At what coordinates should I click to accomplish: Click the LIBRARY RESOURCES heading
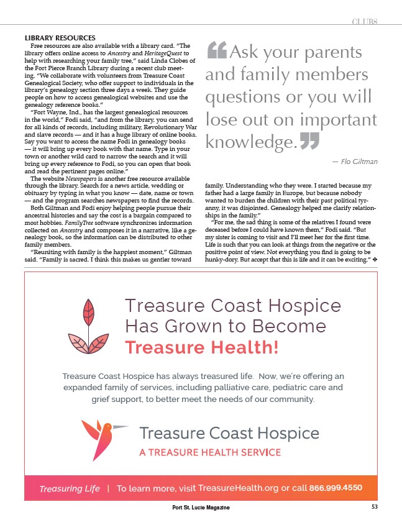[x=60, y=39]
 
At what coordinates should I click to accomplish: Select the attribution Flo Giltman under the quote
[x=355, y=162]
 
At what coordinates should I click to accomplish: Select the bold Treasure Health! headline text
[x=201, y=347]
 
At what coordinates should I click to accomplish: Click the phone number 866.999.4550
[x=336, y=488]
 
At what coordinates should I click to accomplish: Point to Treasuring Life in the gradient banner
[x=70, y=488]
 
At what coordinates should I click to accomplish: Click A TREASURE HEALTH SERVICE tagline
[x=210, y=452]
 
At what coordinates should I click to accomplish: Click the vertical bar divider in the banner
[x=108, y=488]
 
